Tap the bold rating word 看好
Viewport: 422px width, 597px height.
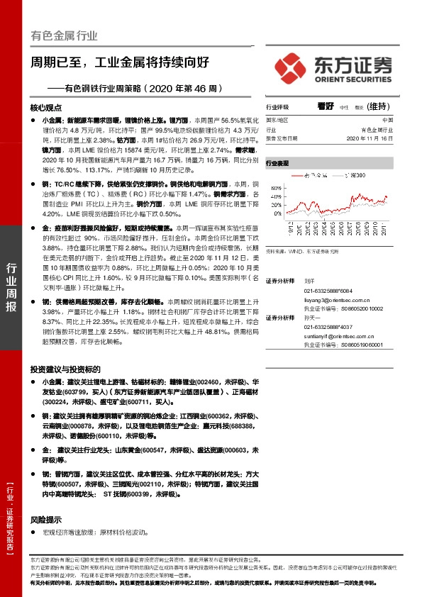click(326, 106)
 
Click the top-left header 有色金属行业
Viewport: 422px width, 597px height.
click(63, 35)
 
